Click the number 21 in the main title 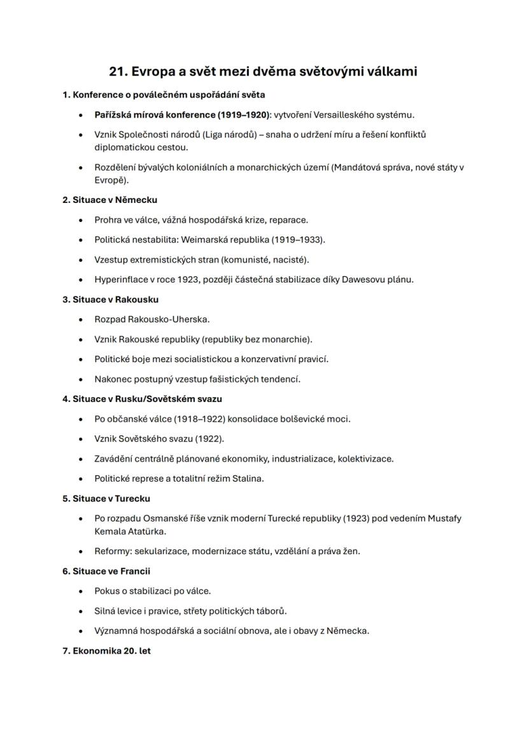point(118,71)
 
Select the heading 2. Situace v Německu point(109,200)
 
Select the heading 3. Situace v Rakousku point(110,300)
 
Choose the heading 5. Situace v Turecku point(106,499)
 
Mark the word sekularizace point(161,551)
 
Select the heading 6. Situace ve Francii point(106,571)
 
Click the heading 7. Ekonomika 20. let point(106,651)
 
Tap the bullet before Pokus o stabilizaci point(80,592)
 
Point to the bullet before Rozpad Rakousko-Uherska point(80,319)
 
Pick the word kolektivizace point(365,459)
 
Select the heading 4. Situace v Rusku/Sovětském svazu point(142,399)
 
